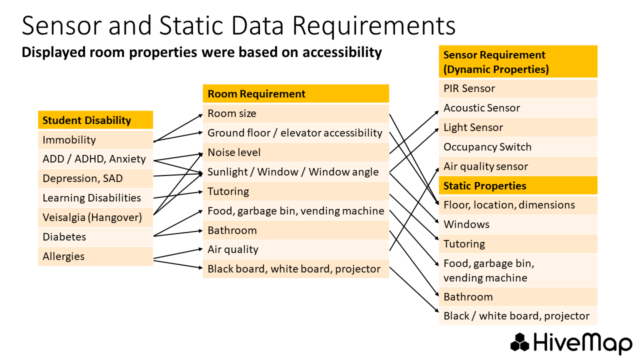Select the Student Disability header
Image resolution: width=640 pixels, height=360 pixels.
pyautogui.click(x=86, y=120)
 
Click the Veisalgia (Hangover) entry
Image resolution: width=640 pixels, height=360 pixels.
pyautogui.click(x=92, y=217)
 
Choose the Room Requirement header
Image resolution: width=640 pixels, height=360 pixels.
pyautogui.click(x=256, y=94)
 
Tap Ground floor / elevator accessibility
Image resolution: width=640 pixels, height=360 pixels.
pyautogui.click(x=294, y=133)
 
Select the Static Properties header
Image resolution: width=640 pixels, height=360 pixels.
pyautogui.click(x=484, y=186)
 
